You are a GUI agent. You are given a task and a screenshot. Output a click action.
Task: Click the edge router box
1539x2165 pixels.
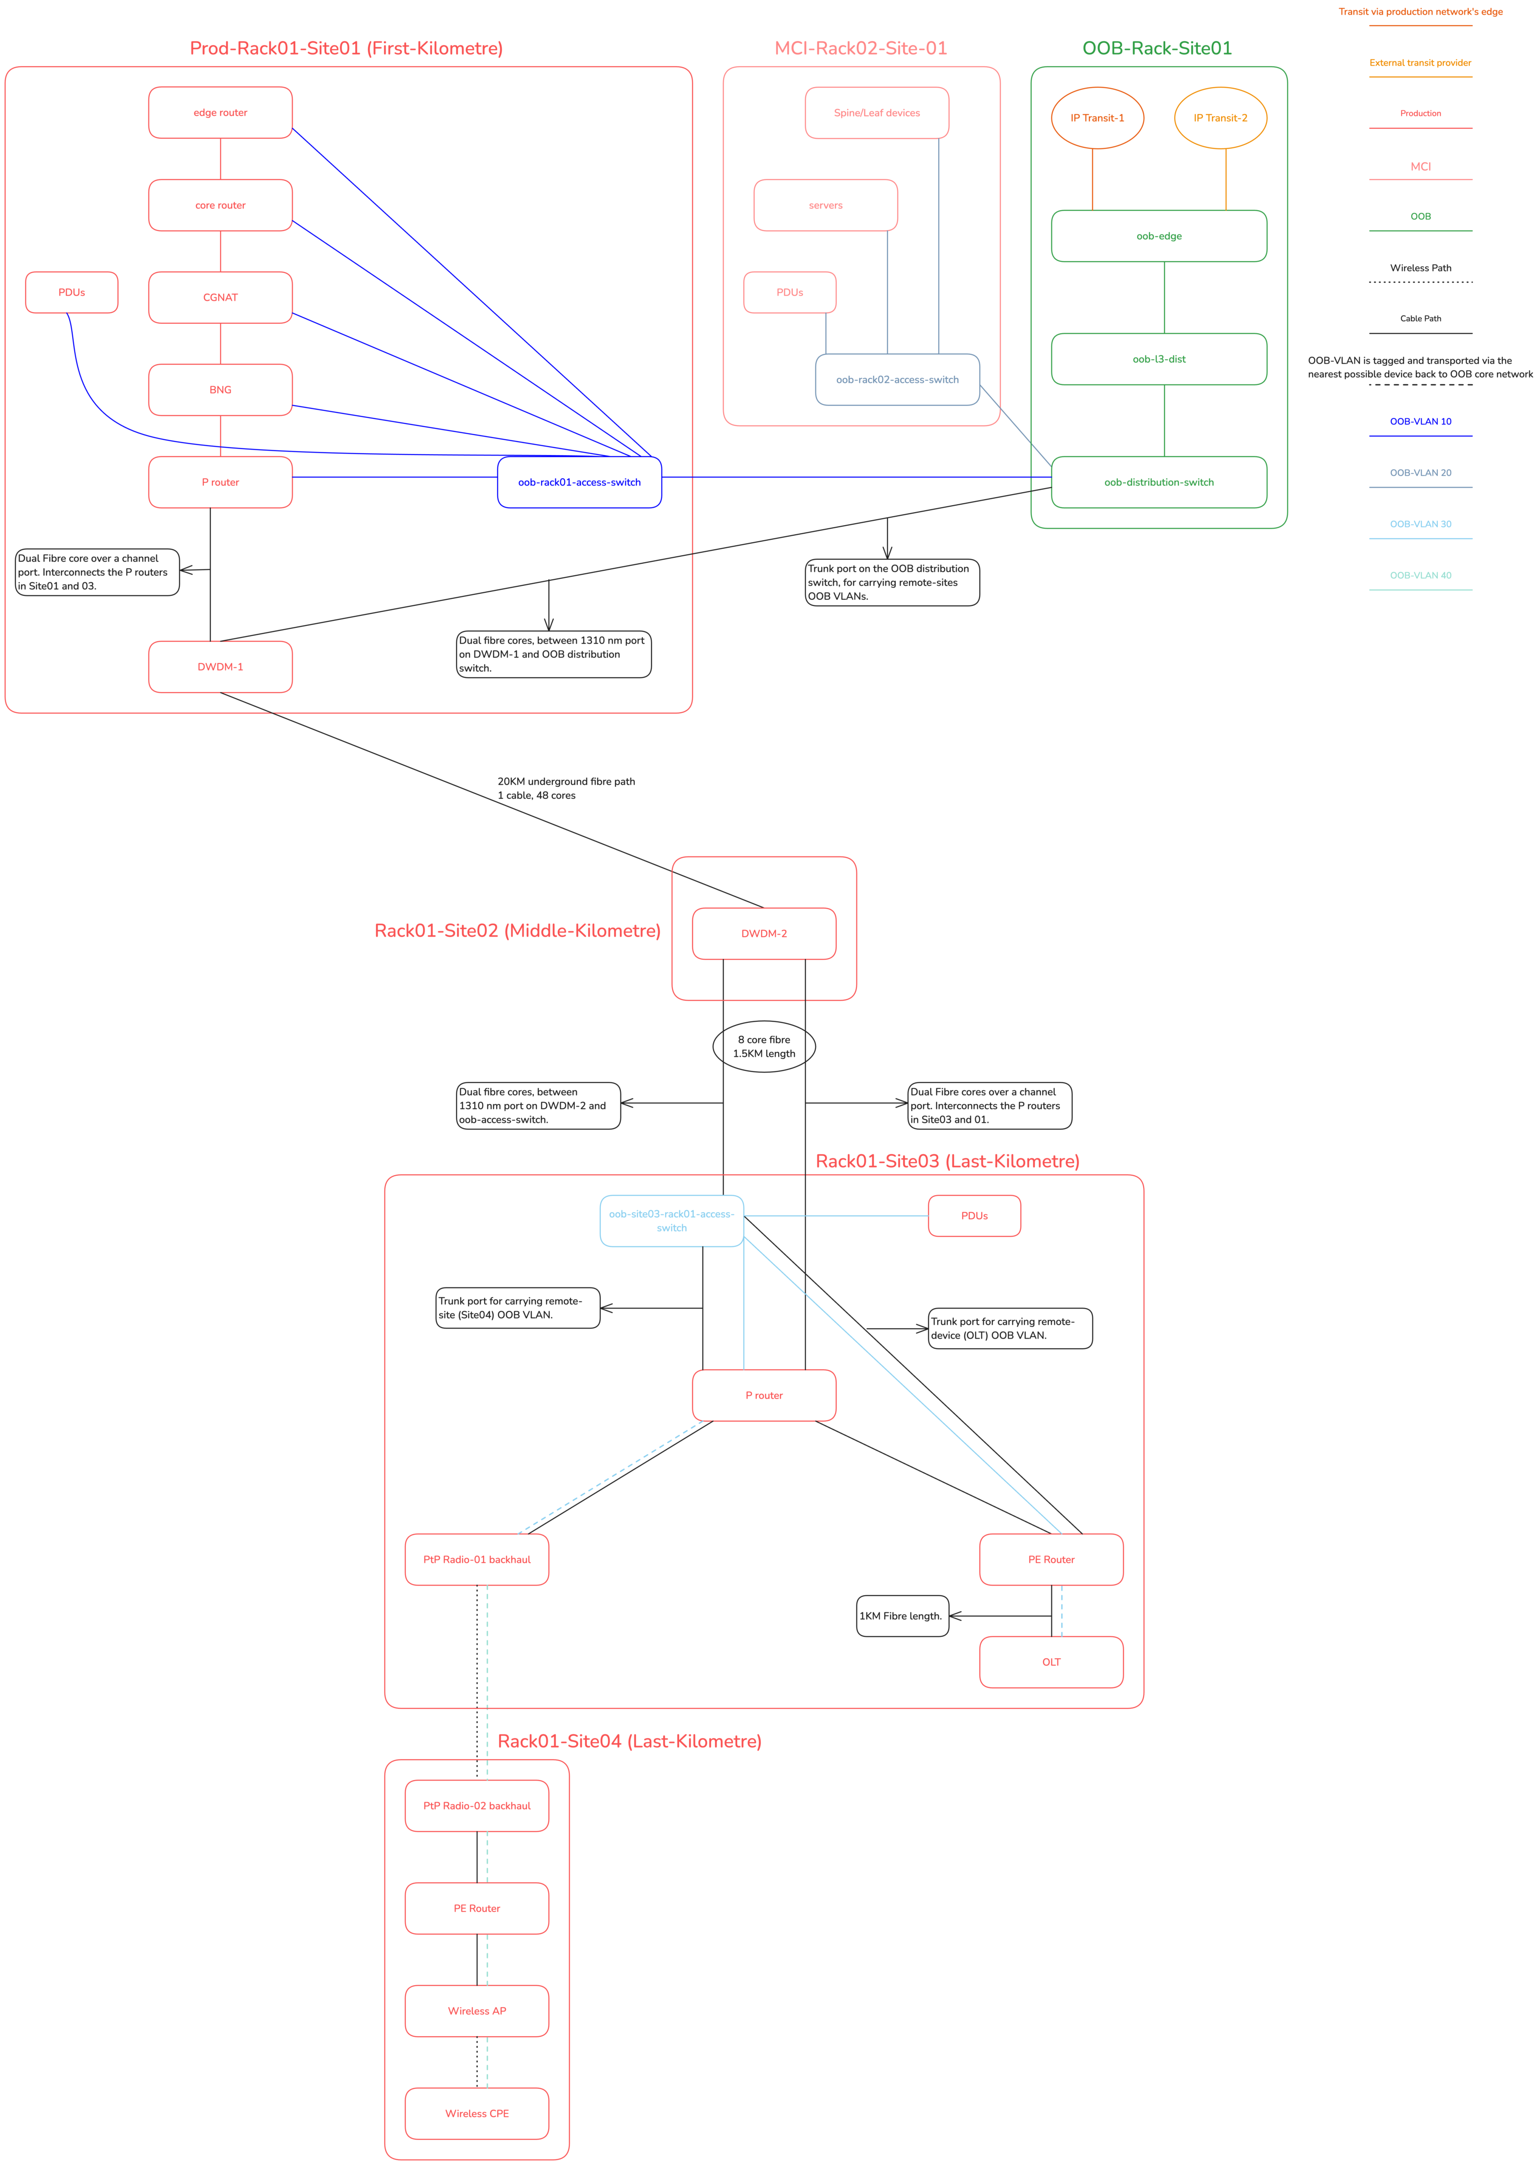tap(220, 113)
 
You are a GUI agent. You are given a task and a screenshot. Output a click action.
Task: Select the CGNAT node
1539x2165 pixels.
tap(220, 298)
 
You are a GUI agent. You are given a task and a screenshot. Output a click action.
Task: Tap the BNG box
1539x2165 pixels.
tap(220, 389)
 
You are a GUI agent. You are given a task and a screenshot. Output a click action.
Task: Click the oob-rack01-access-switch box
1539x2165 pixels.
tap(579, 482)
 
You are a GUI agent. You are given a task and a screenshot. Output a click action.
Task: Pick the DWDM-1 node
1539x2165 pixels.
tap(220, 667)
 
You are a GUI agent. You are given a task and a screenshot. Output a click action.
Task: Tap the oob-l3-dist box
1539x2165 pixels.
tap(1158, 359)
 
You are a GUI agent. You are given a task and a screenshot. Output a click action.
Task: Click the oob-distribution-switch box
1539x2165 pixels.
tap(1158, 482)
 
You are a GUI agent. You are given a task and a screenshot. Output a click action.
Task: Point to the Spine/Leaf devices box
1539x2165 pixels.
tap(876, 113)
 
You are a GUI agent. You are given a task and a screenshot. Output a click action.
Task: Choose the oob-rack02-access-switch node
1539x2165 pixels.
tap(897, 380)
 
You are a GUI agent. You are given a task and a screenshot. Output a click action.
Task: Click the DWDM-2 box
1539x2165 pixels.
tap(764, 933)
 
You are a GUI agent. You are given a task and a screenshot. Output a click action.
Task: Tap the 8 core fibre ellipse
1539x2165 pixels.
tap(764, 1046)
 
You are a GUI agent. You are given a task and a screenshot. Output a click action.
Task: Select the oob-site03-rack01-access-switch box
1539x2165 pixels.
tap(671, 1220)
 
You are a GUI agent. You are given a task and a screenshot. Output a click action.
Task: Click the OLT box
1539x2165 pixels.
tap(1051, 1662)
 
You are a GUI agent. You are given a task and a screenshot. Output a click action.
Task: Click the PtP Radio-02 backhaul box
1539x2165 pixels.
tap(477, 1806)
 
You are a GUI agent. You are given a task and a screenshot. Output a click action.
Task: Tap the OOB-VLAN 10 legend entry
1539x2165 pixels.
tap(1420, 421)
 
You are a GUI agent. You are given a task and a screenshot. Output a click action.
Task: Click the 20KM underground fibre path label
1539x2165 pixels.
tap(566, 788)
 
